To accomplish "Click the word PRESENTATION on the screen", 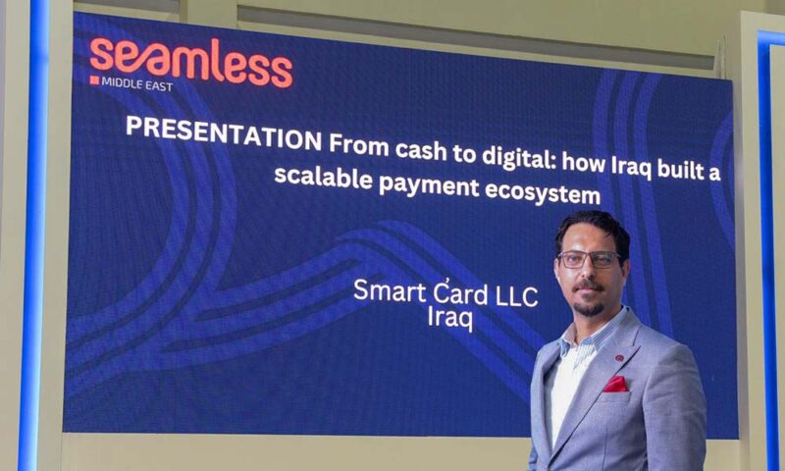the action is (x=224, y=133).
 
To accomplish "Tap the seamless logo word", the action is (x=190, y=61).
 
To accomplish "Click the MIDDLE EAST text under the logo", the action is (x=137, y=83).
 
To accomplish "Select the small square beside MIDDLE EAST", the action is (x=94, y=80).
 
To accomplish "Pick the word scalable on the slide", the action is (x=323, y=177).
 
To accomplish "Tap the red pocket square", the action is (x=615, y=385).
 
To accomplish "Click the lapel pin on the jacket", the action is (x=619, y=358).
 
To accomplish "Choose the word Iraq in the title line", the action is (x=631, y=167).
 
